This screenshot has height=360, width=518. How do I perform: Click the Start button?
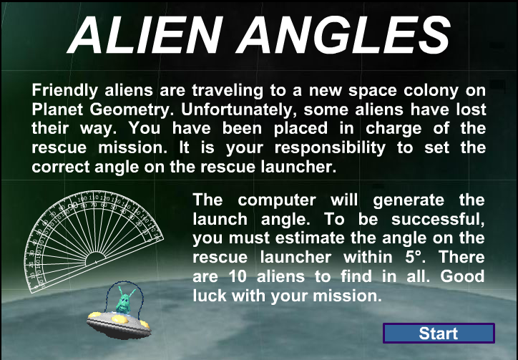coord(439,334)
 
